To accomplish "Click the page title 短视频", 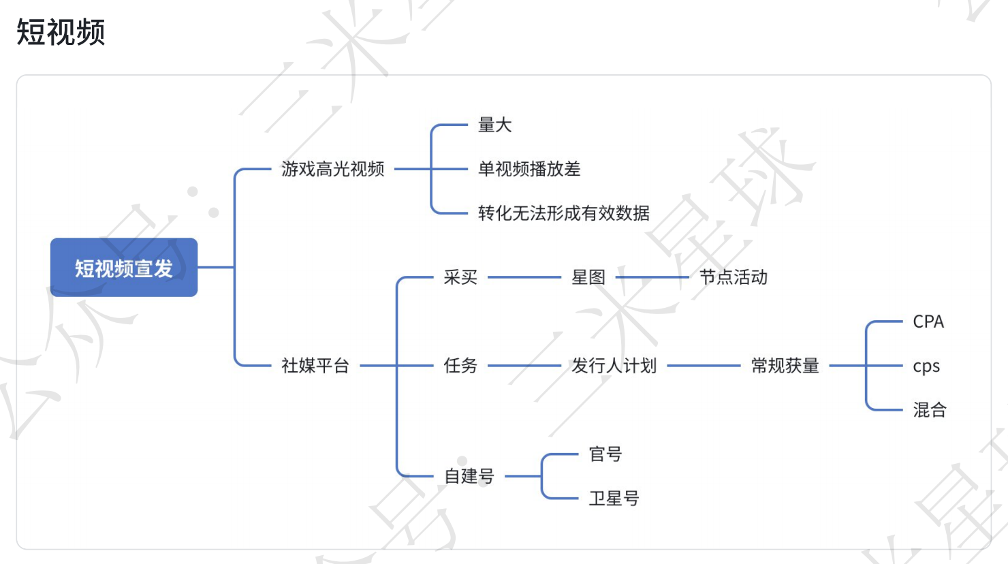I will point(61,32).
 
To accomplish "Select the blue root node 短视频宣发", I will point(124,268).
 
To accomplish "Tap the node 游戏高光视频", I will point(332,169).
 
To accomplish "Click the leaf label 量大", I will point(494,125).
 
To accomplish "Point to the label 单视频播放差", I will point(529,169).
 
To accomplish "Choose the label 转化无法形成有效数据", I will point(563,213).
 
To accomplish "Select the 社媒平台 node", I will point(315,366).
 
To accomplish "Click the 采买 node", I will point(460,277).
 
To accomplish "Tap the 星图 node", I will point(588,277).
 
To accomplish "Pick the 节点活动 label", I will point(734,277).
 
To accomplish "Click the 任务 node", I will point(460,366).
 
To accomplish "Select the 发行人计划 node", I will point(614,366).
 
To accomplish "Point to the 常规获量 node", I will point(785,366).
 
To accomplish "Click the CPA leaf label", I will point(928,322).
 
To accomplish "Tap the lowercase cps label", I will point(926,366).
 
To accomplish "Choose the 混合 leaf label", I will point(930,410).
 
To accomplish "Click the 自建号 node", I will point(469,476).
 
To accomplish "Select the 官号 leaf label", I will point(605,454).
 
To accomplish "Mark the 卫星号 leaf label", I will point(614,499).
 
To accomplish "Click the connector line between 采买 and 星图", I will point(524,277).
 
